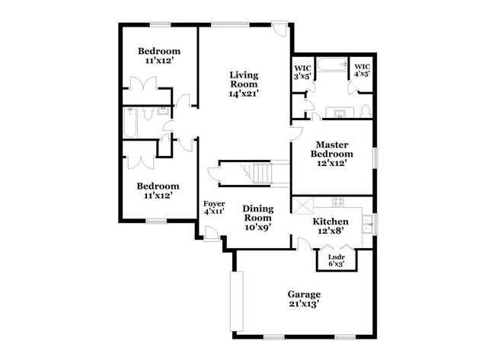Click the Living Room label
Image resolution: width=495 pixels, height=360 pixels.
(244, 84)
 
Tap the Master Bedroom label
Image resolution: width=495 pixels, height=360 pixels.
(332, 153)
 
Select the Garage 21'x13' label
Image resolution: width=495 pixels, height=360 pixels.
(303, 298)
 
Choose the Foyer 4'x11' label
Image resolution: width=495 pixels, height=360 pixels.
(213, 208)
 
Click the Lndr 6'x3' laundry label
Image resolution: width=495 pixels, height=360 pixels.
(335, 260)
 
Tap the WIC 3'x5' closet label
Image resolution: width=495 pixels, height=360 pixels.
(302, 72)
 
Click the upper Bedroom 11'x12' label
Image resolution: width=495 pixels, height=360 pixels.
(158, 56)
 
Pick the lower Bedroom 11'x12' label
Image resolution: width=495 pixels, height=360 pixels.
(158, 190)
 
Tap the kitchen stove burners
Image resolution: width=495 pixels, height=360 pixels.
(338, 202)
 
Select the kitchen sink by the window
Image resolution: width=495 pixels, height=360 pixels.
(366, 222)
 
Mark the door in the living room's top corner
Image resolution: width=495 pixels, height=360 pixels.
(283, 31)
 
